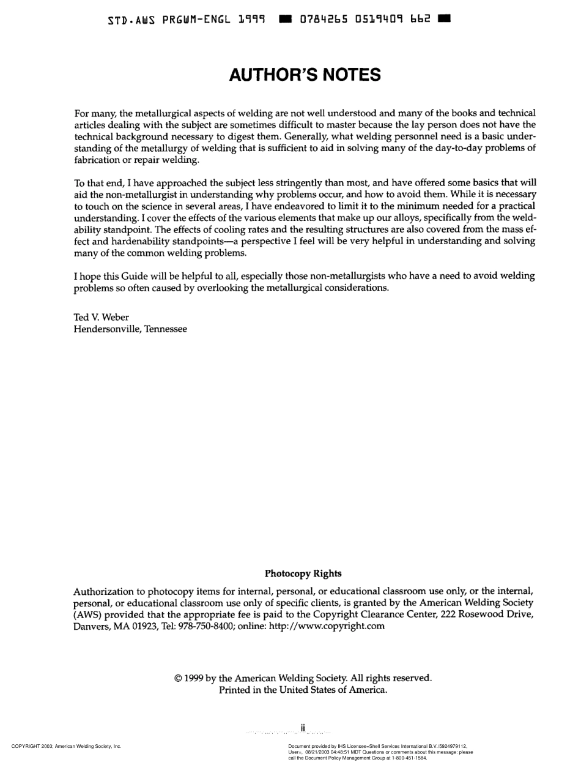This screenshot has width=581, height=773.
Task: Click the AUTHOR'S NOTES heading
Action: coord(305,75)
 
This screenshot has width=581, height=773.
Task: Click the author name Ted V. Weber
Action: coord(102,317)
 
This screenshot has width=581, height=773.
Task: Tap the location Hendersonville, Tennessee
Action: coord(130,329)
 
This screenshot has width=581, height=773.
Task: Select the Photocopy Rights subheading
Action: coord(303,573)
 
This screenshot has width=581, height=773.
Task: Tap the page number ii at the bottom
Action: coord(303,728)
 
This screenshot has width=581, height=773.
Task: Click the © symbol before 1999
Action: coord(178,678)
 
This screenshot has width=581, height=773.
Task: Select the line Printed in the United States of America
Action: coord(303,690)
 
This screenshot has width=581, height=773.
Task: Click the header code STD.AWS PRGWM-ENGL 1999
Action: coord(187,20)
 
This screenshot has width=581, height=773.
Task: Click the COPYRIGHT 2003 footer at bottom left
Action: coord(66,746)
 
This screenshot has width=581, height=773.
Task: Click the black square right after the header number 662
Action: coord(445,19)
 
